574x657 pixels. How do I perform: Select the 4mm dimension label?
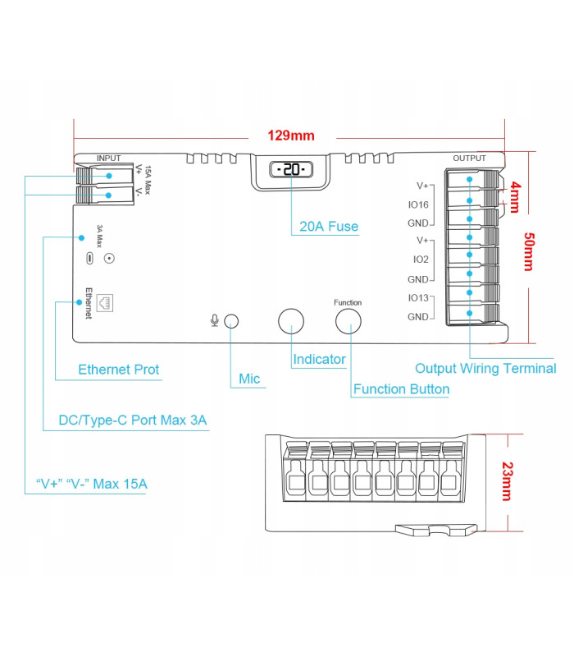click(x=515, y=197)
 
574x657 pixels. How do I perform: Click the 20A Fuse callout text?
click(x=329, y=227)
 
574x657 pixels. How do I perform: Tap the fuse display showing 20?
click(x=291, y=170)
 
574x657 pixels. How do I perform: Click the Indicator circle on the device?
click(x=291, y=321)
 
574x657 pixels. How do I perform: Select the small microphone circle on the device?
click(x=233, y=321)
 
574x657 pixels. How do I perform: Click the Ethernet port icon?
click(x=106, y=302)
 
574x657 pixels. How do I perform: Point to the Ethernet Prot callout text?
click(x=119, y=370)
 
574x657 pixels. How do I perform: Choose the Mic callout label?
click(x=249, y=379)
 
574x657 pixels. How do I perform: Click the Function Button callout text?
click(x=401, y=389)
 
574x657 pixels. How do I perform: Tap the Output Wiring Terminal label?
click(x=485, y=369)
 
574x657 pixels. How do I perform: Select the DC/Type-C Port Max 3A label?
click(x=133, y=420)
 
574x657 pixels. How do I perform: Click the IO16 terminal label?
click(x=418, y=204)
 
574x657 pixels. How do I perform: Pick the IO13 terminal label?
click(x=418, y=297)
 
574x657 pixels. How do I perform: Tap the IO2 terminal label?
click(x=421, y=260)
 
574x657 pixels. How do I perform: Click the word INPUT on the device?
click(x=108, y=158)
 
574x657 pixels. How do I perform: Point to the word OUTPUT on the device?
click(x=469, y=158)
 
